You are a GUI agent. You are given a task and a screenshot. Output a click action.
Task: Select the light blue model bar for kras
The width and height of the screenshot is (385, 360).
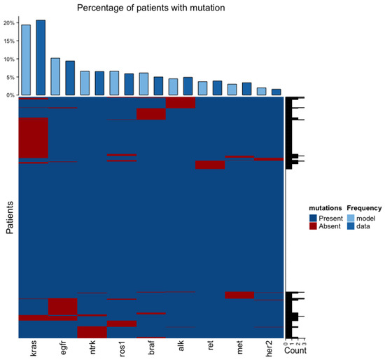pos(25,60)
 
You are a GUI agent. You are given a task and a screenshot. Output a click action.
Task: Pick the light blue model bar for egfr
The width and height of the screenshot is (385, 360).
pos(55,76)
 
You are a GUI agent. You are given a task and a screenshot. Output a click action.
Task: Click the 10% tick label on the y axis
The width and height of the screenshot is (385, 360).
pos(8,59)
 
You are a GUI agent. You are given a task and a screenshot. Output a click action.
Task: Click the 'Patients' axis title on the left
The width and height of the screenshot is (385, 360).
pos(10,217)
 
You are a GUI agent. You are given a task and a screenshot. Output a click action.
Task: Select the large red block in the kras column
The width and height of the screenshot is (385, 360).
pos(33,138)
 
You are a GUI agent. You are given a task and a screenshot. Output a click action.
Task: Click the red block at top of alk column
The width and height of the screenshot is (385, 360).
pos(180,103)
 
